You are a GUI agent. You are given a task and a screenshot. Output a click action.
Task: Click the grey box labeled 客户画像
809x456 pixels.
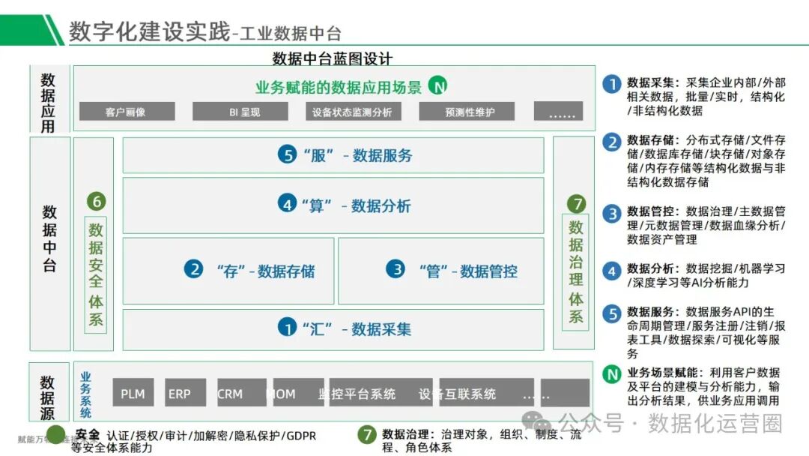[126, 112]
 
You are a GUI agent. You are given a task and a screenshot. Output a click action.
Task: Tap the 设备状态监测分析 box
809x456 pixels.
[352, 112]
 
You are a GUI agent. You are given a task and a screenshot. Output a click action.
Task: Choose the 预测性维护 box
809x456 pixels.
[470, 112]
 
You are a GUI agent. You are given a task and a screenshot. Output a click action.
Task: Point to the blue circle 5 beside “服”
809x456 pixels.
[287, 155]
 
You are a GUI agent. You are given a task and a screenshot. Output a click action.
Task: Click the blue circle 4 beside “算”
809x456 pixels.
[287, 204]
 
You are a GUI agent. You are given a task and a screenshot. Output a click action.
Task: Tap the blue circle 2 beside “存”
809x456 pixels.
[194, 269]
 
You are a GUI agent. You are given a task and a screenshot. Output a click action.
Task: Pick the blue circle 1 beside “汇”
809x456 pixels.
[287, 328]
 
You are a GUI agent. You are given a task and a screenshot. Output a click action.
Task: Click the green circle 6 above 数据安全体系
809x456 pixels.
[96, 201]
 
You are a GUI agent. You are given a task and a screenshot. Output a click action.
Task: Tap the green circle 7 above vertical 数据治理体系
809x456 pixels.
[575, 203]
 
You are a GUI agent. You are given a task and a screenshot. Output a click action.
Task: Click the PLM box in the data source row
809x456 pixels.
[133, 393]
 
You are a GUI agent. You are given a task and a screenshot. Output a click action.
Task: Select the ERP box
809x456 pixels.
[180, 393]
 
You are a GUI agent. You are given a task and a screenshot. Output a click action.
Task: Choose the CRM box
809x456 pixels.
[230, 393]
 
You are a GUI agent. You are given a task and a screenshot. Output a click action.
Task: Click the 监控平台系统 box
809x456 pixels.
[357, 393]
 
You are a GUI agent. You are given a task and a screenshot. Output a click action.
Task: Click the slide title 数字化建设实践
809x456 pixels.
[150, 31]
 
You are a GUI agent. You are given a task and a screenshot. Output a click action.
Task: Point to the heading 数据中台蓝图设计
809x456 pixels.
[333, 58]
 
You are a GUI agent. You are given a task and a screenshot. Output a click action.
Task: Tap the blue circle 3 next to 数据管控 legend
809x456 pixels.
[612, 214]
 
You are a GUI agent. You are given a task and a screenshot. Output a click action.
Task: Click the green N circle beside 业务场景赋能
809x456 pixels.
[612, 373]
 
